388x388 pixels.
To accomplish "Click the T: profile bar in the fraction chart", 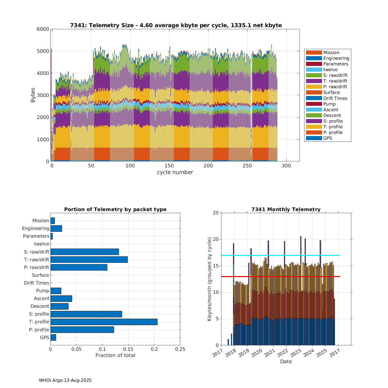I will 104,322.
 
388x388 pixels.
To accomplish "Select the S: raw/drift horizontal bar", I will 85,252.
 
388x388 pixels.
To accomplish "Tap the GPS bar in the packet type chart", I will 53,337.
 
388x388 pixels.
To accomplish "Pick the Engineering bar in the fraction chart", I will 56,228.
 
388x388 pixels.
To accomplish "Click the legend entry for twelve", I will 330,70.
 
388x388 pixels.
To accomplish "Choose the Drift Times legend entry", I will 335,98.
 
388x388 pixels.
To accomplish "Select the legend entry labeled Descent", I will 332,115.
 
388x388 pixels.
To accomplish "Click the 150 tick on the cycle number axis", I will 169,166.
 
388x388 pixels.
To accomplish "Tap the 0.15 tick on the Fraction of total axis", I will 128,349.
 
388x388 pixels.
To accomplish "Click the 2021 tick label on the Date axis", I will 268,352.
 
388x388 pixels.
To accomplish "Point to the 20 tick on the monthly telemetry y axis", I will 215,240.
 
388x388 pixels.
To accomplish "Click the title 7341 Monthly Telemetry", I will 286,209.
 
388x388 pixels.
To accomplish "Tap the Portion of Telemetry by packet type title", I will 115,209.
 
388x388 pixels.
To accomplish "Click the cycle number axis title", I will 175,172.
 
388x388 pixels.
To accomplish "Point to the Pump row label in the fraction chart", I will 42,291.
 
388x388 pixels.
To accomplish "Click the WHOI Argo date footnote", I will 65,380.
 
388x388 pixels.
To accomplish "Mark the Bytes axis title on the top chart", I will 33,95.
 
